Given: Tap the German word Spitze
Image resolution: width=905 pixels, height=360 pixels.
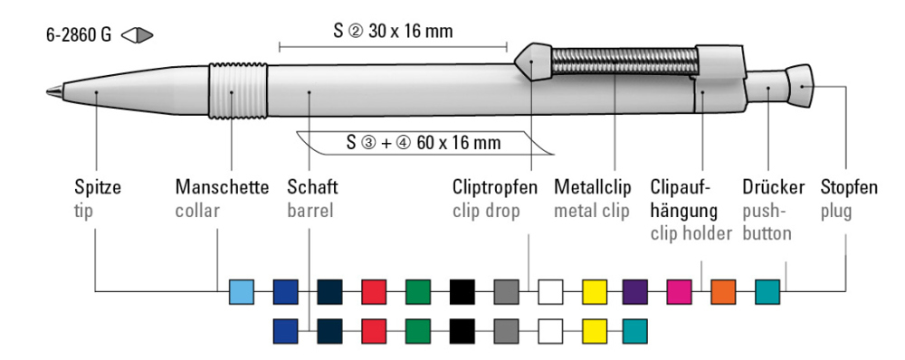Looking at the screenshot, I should click(98, 188).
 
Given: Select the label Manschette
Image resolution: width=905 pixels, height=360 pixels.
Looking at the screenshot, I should click(222, 188).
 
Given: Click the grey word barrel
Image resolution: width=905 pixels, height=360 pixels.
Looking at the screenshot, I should click(311, 210).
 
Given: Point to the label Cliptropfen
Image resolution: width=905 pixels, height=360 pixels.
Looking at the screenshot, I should click(494, 188).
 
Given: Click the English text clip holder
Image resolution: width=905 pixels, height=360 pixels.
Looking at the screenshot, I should click(691, 233).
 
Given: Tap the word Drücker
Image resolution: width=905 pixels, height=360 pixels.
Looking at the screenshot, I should click(773, 188).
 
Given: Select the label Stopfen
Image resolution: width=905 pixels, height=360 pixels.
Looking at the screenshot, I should click(849, 188).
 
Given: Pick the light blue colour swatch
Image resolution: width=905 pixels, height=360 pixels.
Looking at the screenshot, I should click(242, 291).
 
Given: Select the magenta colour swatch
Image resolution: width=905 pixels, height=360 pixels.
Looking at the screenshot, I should click(680, 291).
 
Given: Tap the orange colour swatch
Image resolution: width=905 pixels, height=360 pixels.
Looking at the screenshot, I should click(724, 291).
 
